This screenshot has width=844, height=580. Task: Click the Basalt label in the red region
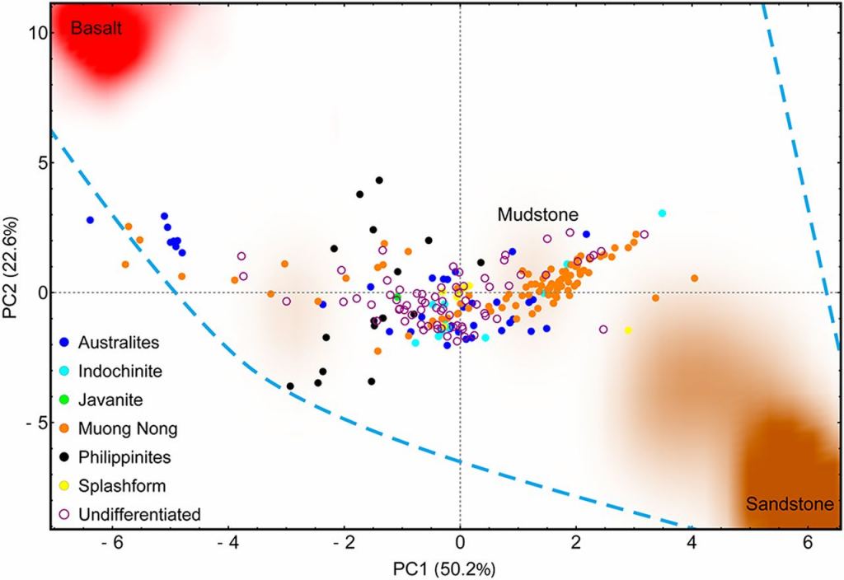(x=96, y=29)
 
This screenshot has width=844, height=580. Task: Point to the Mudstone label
(x=536, y=214)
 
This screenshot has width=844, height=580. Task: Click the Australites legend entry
(x=118, y=341)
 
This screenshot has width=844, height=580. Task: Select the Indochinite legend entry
(x=120, y=370)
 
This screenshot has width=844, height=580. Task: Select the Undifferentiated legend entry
(x=139, y=514)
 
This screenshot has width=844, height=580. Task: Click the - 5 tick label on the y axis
(x=35, y=423)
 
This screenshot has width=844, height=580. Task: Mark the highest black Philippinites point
(x=379, y=180)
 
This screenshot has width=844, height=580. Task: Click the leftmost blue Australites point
(x=90, y=220)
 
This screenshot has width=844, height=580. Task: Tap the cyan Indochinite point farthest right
(x=662, y=213)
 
